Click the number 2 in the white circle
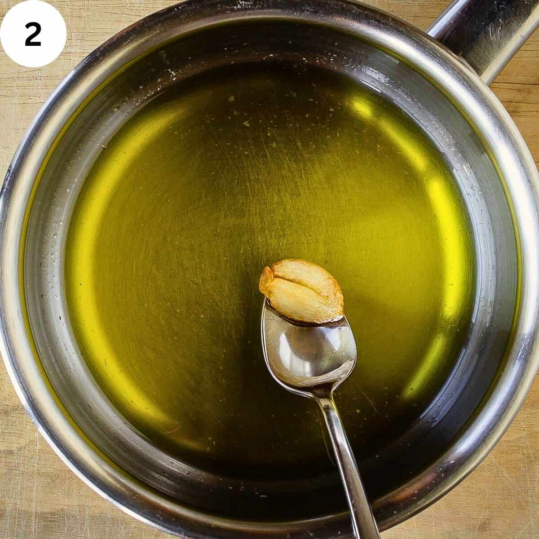click(x=33, y=35)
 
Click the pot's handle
click(x=485, y=36)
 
